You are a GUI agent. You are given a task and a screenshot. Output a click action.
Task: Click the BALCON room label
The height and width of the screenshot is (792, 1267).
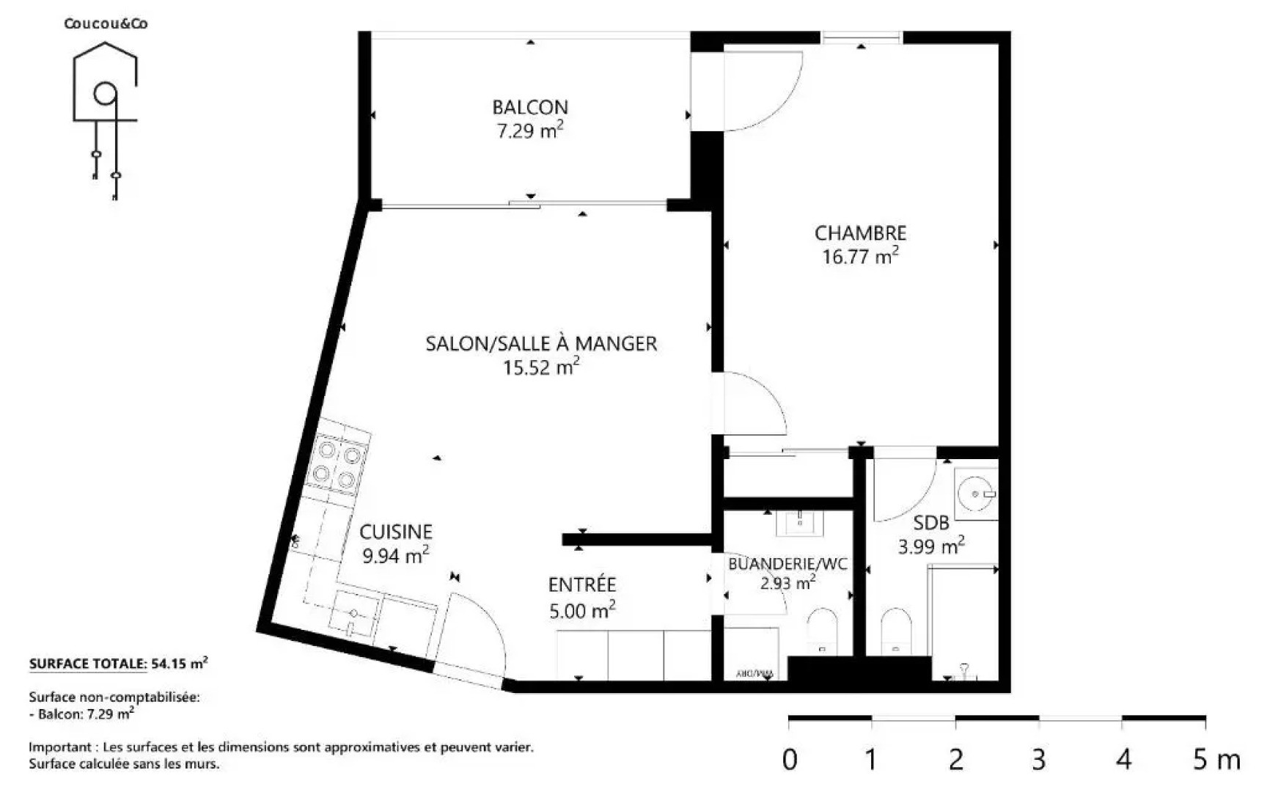(x=529, y=107)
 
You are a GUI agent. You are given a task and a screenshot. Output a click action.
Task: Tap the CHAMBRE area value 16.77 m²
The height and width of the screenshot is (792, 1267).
(x=860, y=257)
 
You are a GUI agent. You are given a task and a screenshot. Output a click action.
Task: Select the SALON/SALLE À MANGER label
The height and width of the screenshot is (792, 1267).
(x=541, y=343)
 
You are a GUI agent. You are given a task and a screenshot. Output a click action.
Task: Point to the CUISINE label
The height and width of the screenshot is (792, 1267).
(x=395, y=532)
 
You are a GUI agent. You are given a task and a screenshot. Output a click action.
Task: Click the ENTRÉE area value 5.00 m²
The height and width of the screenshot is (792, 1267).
(x=582, y=610)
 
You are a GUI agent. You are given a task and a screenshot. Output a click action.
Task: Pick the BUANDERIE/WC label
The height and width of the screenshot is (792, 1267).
(x=787, y=564)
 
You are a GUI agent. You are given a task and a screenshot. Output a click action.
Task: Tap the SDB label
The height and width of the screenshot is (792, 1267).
(x=931, y=523)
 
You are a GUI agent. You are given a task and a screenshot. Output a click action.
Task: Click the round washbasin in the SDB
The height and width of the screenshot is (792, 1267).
(x=976, y=494)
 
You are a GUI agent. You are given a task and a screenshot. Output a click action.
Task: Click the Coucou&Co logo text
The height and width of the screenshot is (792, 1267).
(x=106, y=23)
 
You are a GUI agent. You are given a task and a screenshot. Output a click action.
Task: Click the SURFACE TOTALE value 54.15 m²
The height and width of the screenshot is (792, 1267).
(x=179, y=664)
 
